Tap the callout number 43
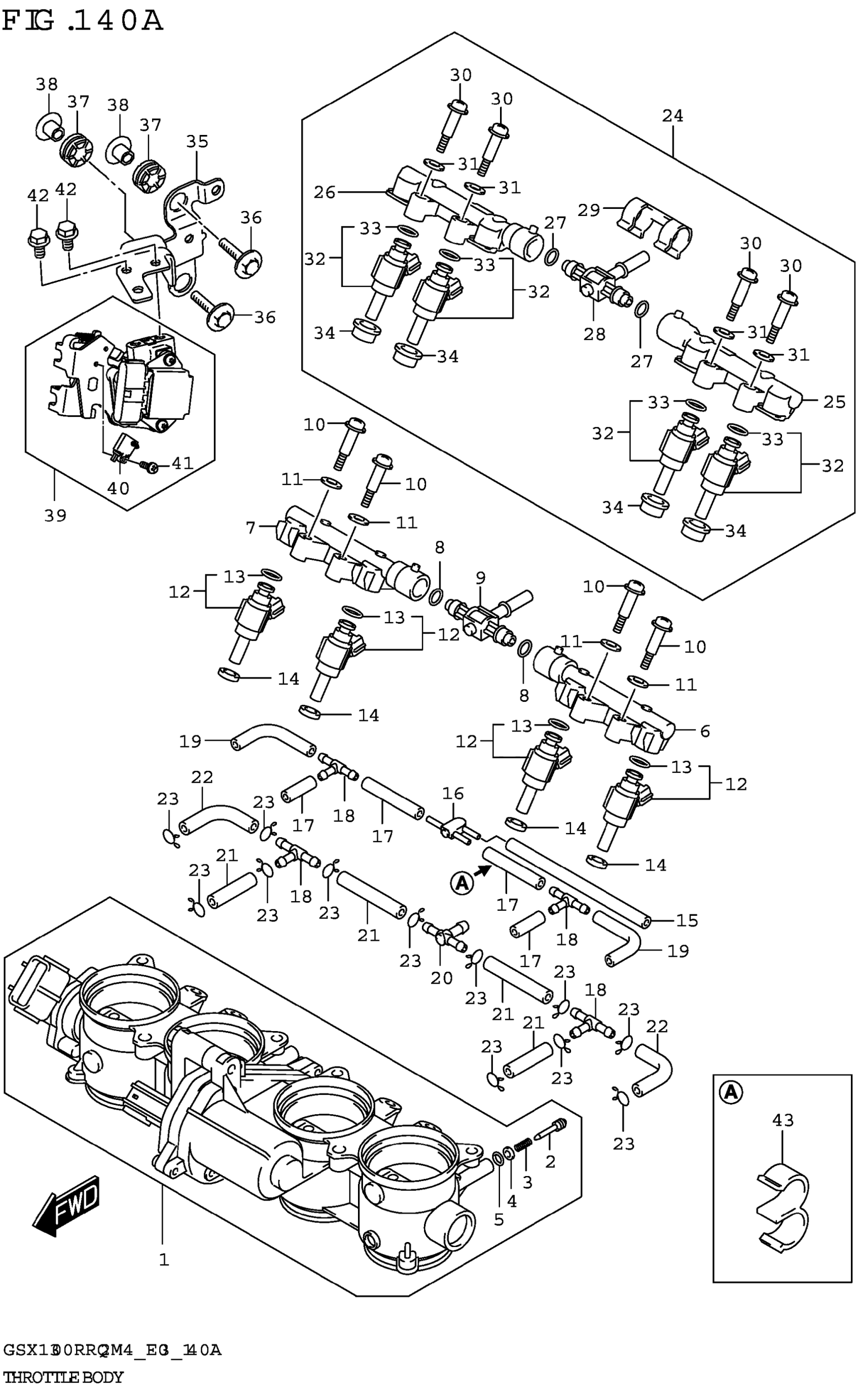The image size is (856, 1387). pyautogui.click(x=783, y=1119)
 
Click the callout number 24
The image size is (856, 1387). pyautogui.click(x=673, y=116)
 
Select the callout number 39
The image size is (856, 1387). pyautogui.click(x=55, y=515)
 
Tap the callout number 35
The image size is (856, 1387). pyautogui.click(x=197, y=141)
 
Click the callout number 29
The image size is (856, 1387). pyautogui.click(x=589, y=210)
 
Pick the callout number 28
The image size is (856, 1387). pyautogui.click(x=595, y=334)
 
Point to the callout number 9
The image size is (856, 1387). pyautogui.click(x=481, y=578)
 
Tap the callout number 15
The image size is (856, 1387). pyautogui.click(x=687, y=920)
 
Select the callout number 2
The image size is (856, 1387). pyautogui.click(x=550, y=1161)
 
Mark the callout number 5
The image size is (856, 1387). pyautogui.click(x=499, y=1219)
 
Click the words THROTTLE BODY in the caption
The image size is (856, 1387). pyautogui.click(x=62, y=1376)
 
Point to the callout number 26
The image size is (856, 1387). pyautogui.click(x=324, y=192)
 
